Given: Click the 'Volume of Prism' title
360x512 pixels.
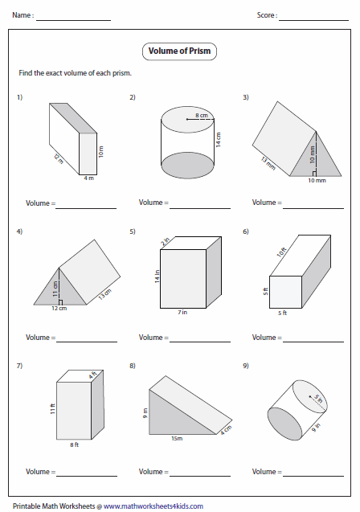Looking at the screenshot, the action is tap(179, 51).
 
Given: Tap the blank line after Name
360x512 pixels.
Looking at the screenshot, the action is tap(73, 21).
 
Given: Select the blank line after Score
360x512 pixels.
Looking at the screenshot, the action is tap(313, 21).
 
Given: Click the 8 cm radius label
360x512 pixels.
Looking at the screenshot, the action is tap(202, 115).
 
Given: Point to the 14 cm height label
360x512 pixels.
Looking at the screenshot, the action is tap(219, 139).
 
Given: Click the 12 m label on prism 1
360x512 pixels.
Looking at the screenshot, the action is tap(59, 158).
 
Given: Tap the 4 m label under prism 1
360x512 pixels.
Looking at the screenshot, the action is tap(88, 178).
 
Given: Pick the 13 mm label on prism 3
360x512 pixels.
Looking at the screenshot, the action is tap(268, 164).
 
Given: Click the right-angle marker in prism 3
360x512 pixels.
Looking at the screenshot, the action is tap(313, 174).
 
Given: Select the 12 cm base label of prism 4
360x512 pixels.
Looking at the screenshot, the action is tap(59, 309).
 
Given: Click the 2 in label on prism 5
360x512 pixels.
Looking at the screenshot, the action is tap(166, 241).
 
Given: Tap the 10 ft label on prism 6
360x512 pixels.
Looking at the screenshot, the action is tap(281, 252).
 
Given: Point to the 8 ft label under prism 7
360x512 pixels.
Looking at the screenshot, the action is tap(74, 444).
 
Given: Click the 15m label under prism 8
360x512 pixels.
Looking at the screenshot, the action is tap(177, 439).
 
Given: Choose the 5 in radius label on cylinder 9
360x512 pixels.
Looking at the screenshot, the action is tap(318, 399).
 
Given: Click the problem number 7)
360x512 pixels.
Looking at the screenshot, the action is tap(19, 366).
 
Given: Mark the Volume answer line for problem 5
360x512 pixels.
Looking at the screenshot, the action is tap(200, 342).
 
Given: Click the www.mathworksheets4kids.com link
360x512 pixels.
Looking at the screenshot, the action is tap(153, 506).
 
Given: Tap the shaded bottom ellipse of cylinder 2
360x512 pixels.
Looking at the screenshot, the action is tap(188, 166).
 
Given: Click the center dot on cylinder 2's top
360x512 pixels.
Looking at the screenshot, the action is tap(187, 119).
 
